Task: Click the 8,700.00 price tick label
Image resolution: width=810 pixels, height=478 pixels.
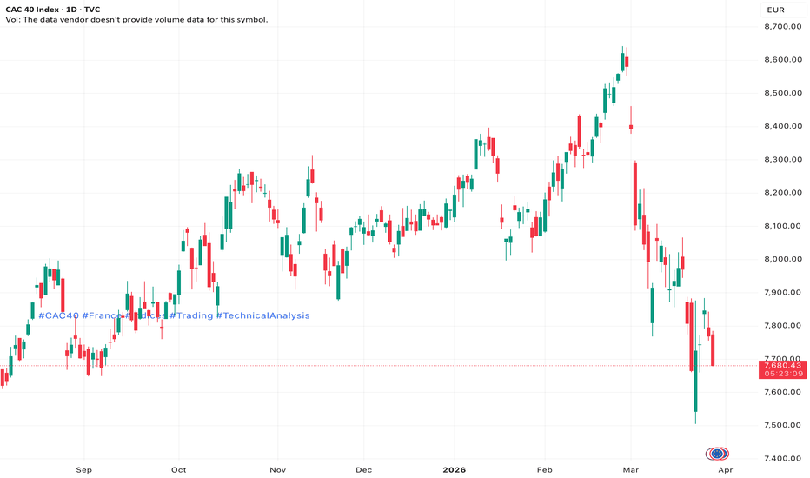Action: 783,27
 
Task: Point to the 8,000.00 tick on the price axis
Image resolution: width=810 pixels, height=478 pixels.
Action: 783,259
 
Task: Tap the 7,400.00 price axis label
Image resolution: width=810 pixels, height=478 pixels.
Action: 783,458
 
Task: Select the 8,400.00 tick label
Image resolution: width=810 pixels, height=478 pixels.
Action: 783,126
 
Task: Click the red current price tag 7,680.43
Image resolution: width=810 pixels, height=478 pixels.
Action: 783,365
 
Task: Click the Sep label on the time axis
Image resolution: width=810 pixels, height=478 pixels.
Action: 84,470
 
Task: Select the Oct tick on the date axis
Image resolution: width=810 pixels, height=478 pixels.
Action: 178,470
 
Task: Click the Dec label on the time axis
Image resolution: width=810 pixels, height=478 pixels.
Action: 363,470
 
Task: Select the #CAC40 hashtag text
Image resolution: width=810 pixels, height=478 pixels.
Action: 58,315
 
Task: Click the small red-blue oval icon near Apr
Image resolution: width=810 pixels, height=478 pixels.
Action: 717,454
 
